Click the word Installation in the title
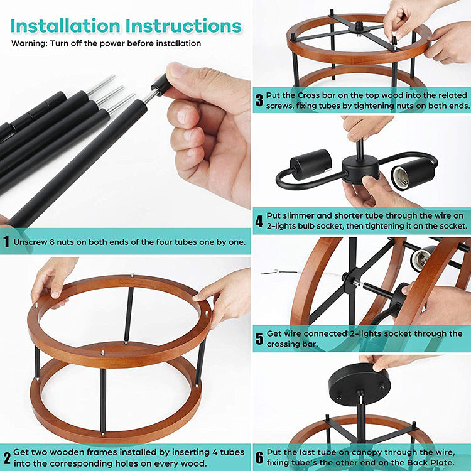[x=65, y=26]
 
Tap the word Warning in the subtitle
[x=29, y=43]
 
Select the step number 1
[x=6, y=241]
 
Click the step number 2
[x=7, y=458]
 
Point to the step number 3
[x=259, y=100]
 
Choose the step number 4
[x=259, y=221]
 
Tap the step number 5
[x=259, y=339]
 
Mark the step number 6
[x=259, y=458]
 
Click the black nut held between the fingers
[x=160, y=84]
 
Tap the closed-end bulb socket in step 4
[x=311, y=165]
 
